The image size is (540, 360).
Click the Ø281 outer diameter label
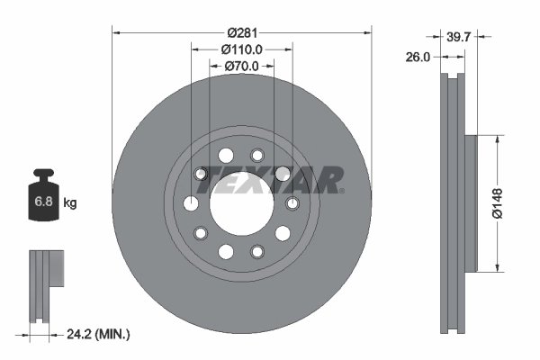click(241, 19)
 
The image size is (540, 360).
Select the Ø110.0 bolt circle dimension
click(241, 49)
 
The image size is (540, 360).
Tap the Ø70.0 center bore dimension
click(241, 67)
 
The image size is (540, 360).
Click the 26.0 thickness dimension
click(418, 56)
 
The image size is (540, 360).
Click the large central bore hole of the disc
click(241, 203)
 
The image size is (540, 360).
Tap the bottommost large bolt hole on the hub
click(226, 251)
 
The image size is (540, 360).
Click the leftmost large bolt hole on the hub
click(191, 203)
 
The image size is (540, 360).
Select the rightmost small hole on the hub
click(292, 203)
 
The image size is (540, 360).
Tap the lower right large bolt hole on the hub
click(283, 233)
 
